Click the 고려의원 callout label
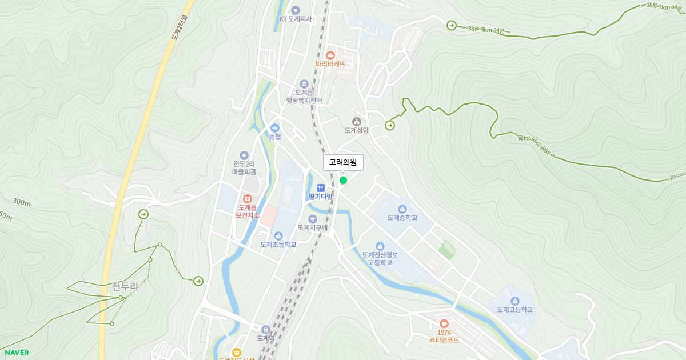[x=343, y=163]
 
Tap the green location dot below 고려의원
[x=343, y=181]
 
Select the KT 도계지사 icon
[x=296, y=10]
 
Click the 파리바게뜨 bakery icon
[x=330, y=55]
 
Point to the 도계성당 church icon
[x=357, y=121]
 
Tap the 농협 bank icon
[x=275, y=127]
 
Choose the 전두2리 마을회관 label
[x=244, y=167]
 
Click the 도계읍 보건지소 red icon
[x=248, y=198]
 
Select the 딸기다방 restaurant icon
[x=320, y=187]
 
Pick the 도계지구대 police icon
[x=312, y=219]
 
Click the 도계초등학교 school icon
[x=278, y=235]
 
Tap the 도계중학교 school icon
[x=402, y=209]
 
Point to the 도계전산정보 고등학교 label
[x=380, y=259]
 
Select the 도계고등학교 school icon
[x=514, y=301]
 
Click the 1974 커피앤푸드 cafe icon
[x=444, y=323]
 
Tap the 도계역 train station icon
[x=265, y=329]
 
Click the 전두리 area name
[x=125, y=286]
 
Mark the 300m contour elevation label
[x=22, y=202]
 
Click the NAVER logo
[x=17, y=353]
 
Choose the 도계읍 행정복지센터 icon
[x=304, y=85]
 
